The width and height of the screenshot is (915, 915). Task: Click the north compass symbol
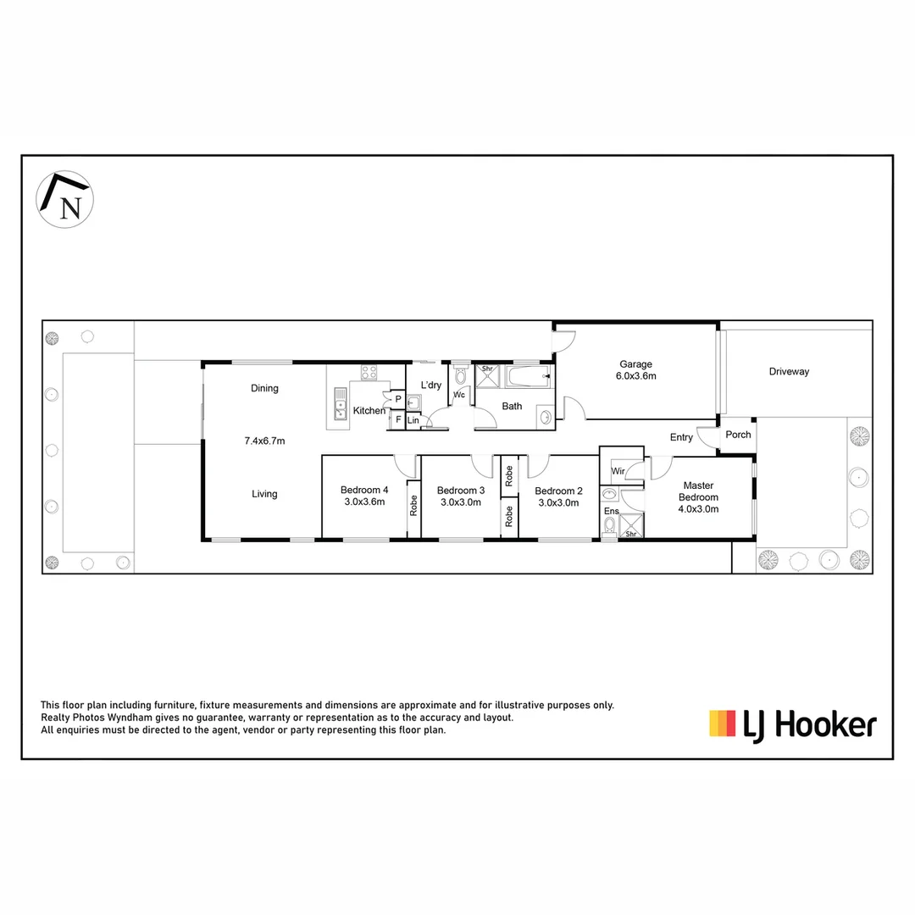(x=64, y=199)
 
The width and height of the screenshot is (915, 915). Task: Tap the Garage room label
(x=635, y=370)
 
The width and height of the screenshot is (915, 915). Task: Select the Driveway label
(x=789, y=372)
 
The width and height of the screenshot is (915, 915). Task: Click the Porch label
(x=738, y=435)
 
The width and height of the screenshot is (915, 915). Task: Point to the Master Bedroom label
(x=698, y=497)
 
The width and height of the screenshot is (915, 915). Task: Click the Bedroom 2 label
(x=558, y=496)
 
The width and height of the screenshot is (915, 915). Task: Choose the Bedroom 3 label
(x=460, y=496)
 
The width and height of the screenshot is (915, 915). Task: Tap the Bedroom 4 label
(x=364, y=496)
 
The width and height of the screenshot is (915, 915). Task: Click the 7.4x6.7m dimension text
(x=264, y=441)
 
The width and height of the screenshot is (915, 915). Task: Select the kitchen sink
(x=340, y=404)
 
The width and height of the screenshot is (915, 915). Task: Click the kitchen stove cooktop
(x=369, y=373)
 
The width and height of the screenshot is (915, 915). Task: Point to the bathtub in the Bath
(x=529, y=377)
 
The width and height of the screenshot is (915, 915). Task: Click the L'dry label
(x=430, y=385)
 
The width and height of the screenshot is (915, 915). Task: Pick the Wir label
(x=618, y=471)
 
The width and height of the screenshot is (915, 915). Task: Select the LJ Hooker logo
(x=792, y=725)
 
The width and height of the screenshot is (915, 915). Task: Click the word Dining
(x=264, y=389)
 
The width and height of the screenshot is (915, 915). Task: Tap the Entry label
(x=681, y=438)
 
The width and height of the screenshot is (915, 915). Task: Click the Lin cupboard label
(x=413, y=420)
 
